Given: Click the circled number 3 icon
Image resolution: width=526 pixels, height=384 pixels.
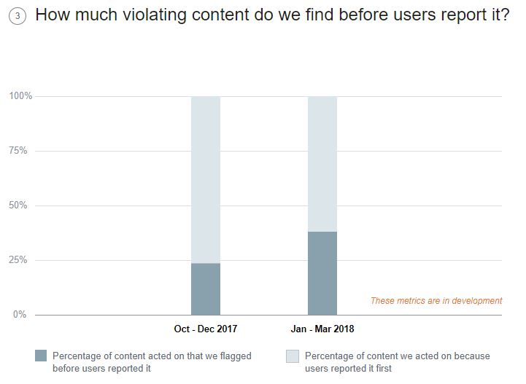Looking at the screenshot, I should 20,17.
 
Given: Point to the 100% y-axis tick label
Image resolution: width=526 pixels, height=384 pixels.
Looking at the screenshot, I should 20,96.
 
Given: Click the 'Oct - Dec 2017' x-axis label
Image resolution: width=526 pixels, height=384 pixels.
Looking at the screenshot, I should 206,329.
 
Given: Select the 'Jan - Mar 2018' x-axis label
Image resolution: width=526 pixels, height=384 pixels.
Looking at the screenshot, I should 322,329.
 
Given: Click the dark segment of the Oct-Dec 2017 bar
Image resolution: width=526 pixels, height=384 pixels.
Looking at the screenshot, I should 206,289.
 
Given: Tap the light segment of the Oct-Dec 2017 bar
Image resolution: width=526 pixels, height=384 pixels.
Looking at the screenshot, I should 206,179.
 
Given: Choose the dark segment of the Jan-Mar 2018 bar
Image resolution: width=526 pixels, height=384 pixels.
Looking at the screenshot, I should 322,273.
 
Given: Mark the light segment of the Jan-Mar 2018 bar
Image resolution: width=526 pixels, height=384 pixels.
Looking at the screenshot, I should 322,164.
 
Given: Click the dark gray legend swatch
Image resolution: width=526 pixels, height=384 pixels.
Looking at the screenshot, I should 41,356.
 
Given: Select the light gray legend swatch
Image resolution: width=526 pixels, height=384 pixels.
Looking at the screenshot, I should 293,356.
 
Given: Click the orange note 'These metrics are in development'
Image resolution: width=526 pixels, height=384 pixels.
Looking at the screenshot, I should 436,300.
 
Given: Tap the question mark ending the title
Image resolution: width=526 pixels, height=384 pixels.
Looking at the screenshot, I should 505,15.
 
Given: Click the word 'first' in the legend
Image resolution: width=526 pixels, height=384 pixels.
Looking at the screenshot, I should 380,369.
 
